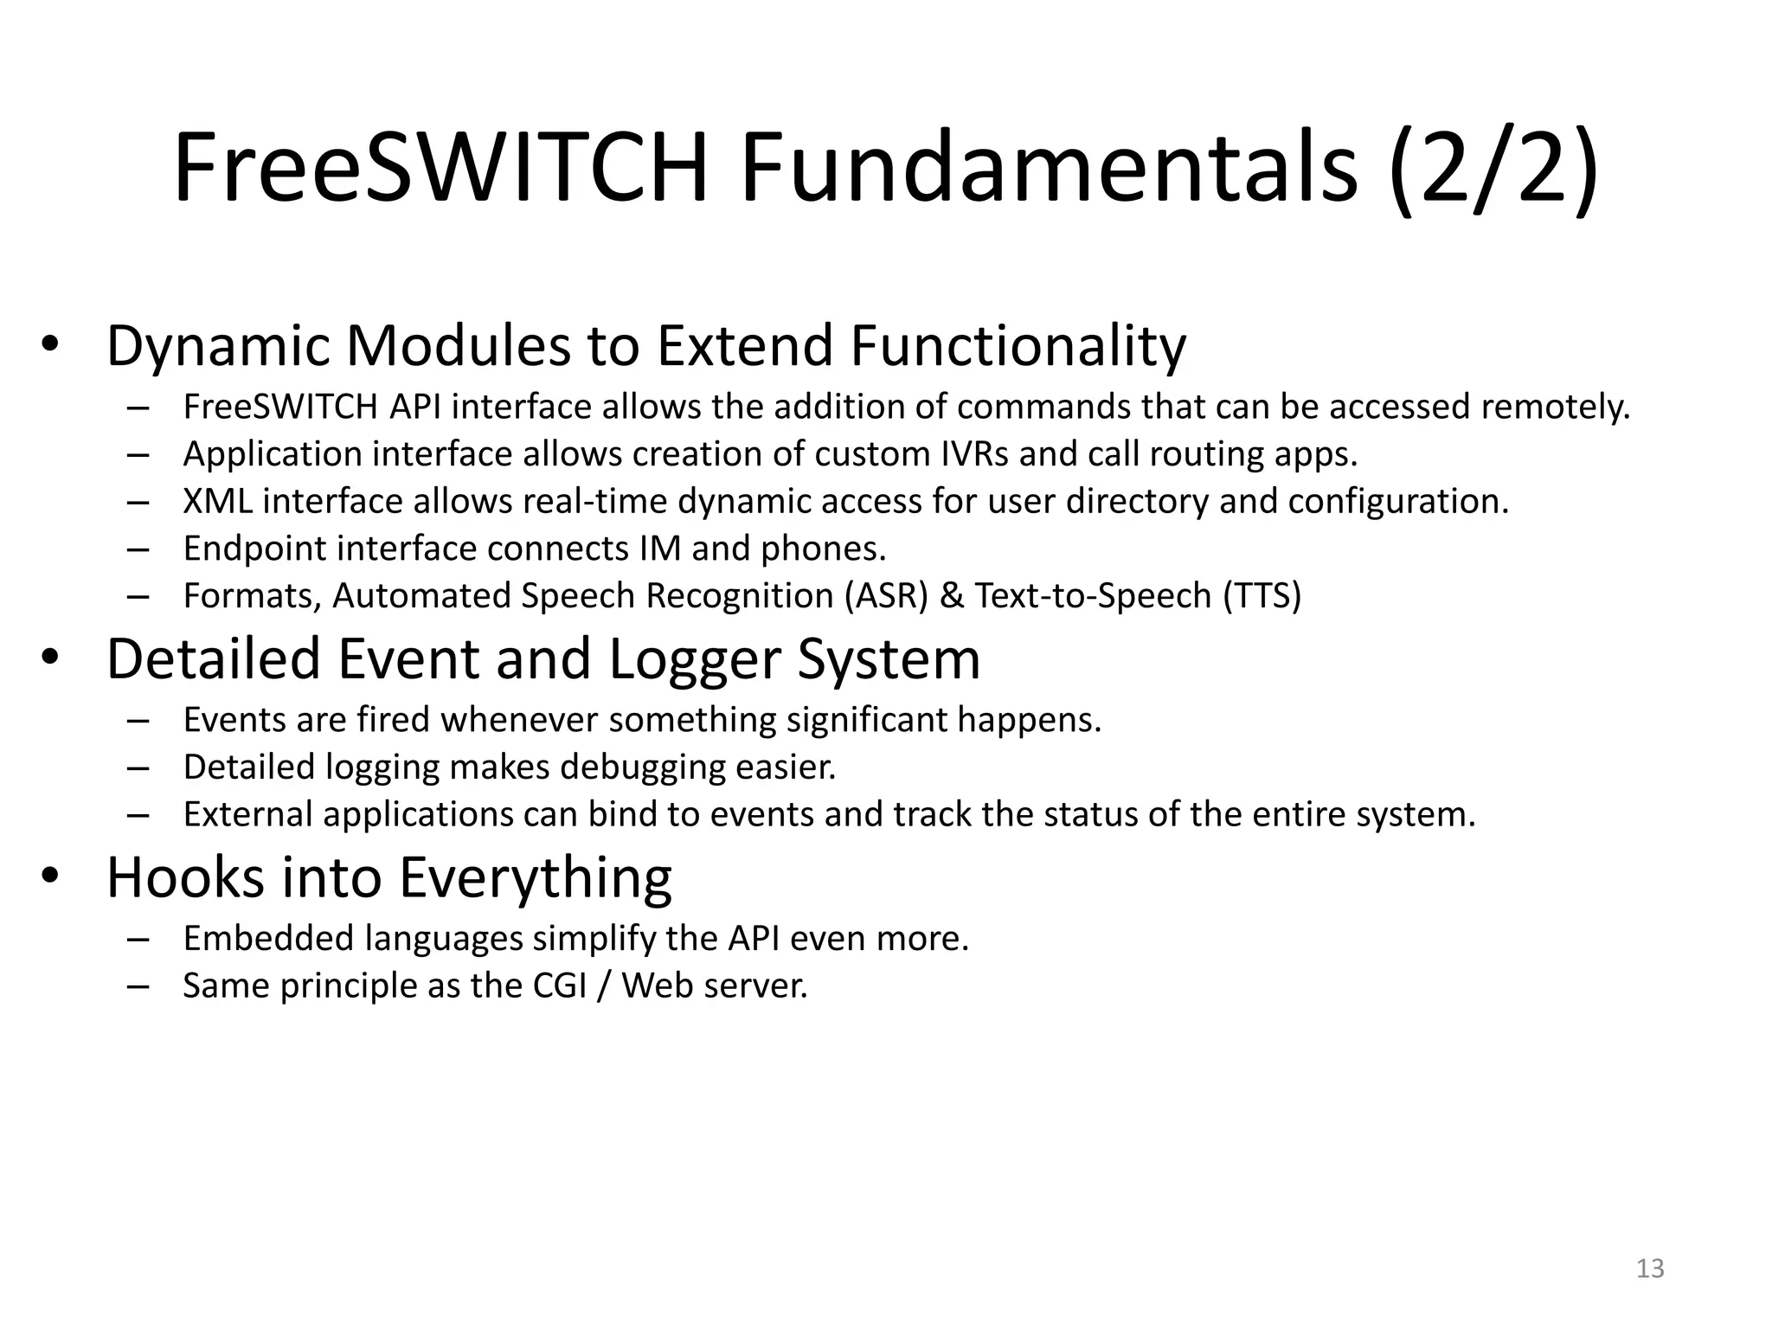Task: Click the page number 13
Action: pos(1650,1268)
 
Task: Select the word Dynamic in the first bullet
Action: pos(219,346)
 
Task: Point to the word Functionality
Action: pos(1018,346)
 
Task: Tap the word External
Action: pos(247,815)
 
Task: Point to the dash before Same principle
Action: pos(138,986)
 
